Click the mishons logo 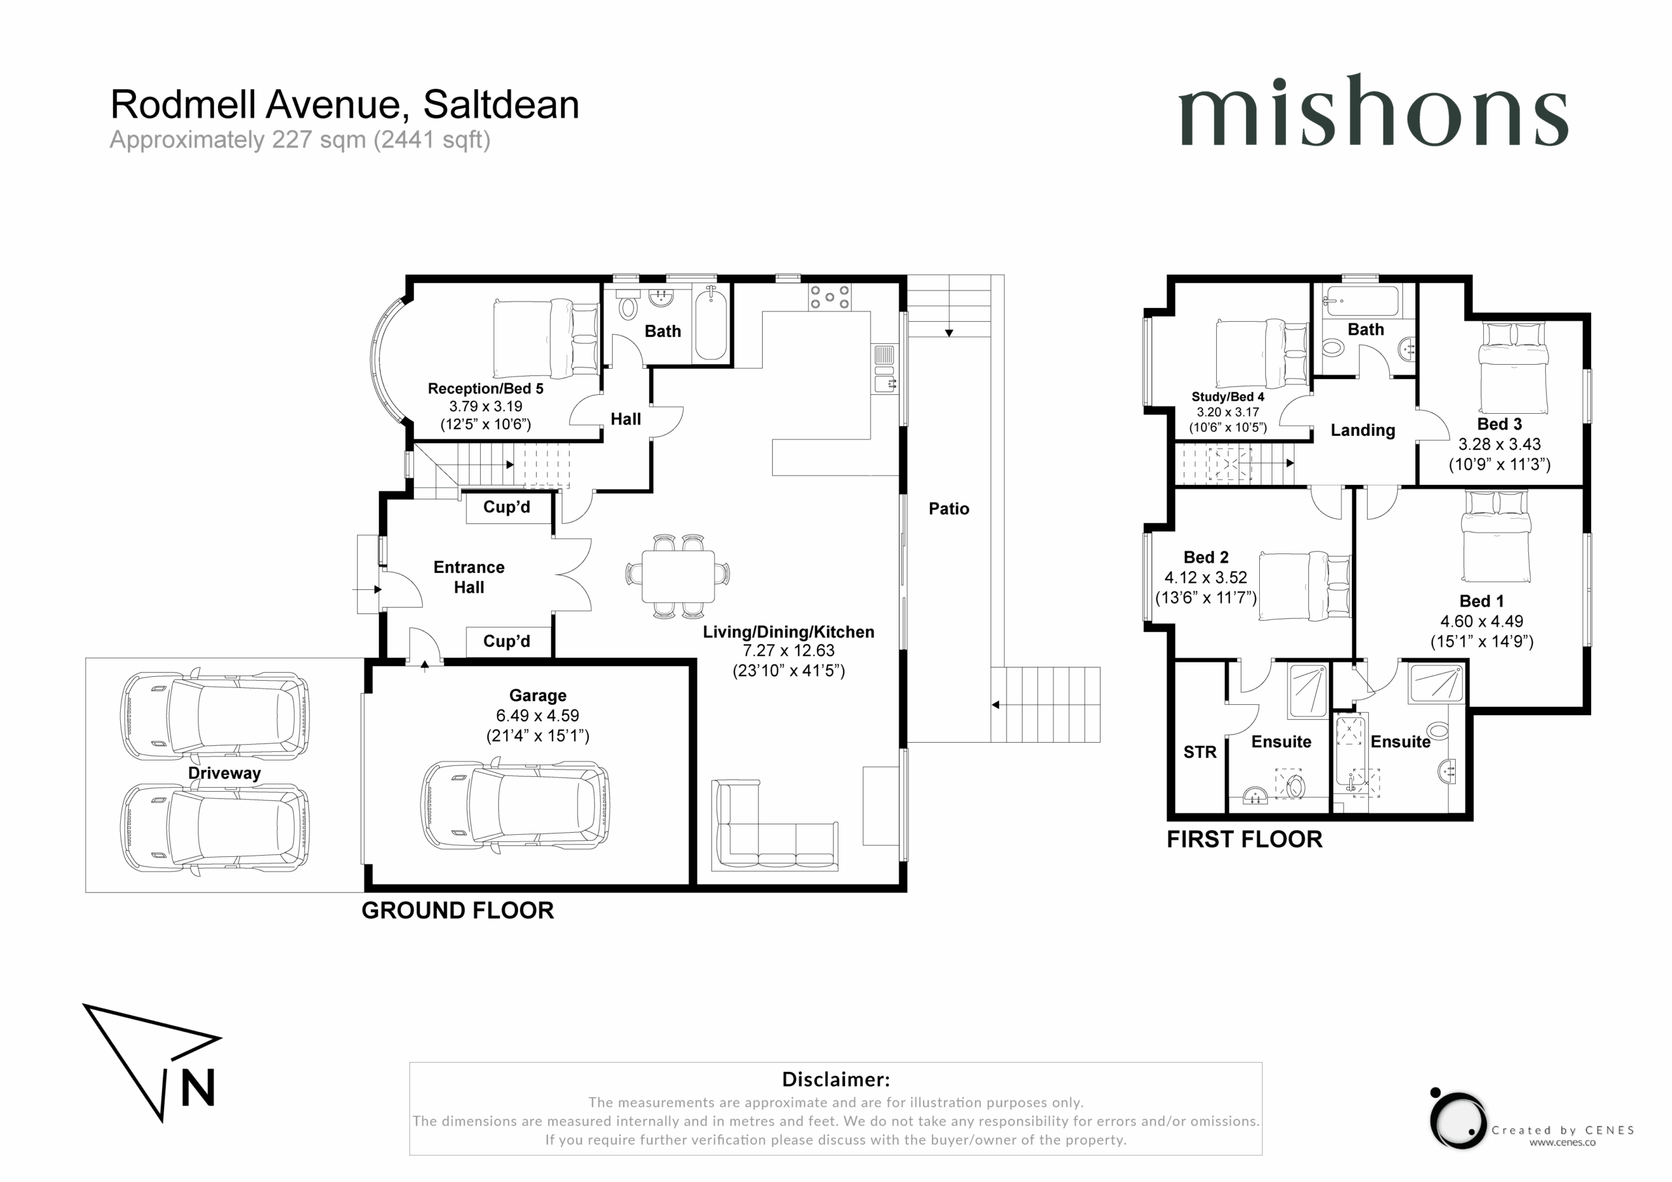tap(1373, 111)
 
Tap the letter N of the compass tap(197, 1087)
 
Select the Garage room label tap(538, 696)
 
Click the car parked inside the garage tap(515, 805)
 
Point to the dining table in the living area tap(678, 576)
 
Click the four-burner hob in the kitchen tap(829, 297)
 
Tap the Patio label tap(949, 508)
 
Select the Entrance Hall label tap(469, 577)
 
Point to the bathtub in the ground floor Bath tap(710, 323)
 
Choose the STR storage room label tap(1199, 753)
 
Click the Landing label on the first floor tap(1362, 430)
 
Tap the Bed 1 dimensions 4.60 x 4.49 tap(1482, 621)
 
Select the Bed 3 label tap(1500, 424)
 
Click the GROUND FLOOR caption tap(457, 910)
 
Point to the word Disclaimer tap(835, 1080)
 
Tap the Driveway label tap(224, 773)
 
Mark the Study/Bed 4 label tap(1228, 397)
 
